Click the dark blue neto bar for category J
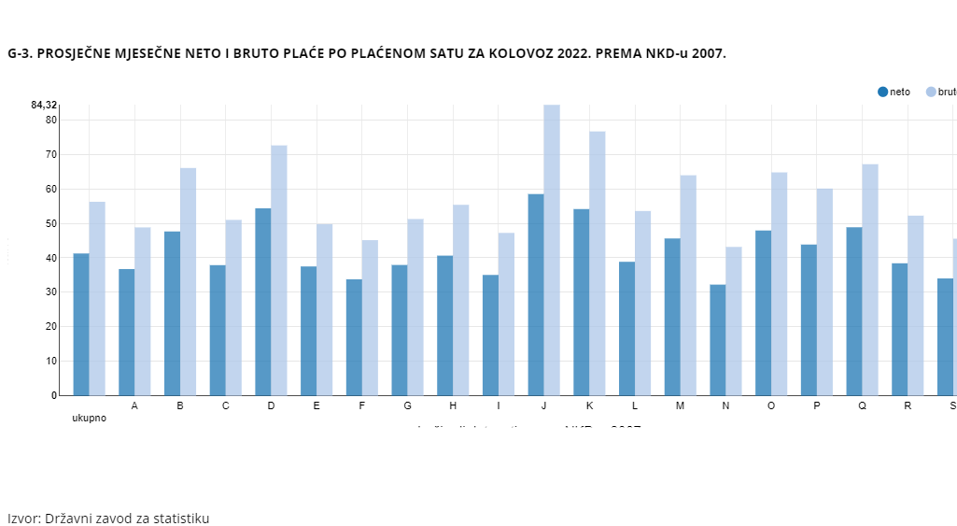click(536, 294)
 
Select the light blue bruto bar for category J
click(552, 250)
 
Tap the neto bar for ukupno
click(81, 324)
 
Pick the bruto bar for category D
click(279, 270)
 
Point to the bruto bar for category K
click(598, 263)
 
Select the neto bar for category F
click(354, 337)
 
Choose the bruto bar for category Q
click(870, 279)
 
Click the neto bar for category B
click(172, 313)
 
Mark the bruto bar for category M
click(688, 285)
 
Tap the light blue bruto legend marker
click(931, 92)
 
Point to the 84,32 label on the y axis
click(44, 105)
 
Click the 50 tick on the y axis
click(51, 223)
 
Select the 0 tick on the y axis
click(54, 395)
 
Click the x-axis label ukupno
click(90, 418)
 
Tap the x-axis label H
click(453, 405)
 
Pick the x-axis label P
click(817, 405)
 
